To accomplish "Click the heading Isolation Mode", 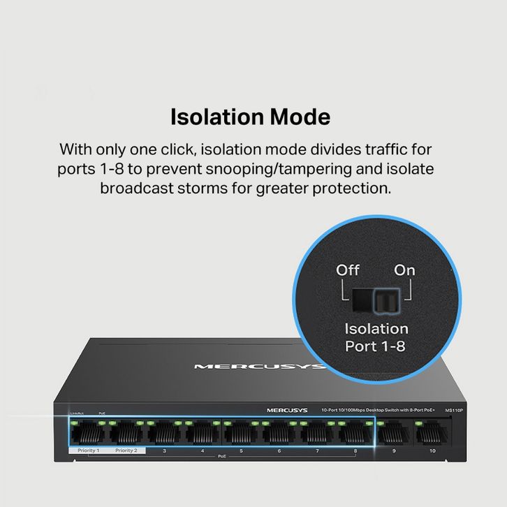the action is click(250, 117).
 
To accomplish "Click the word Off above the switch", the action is click(348, 270).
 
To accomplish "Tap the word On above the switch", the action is click(404, 270).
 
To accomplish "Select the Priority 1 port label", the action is click(88, 450).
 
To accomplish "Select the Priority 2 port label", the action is click(126, 450).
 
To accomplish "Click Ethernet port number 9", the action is click(394, 434).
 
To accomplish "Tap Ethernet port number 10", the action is click(432, 434).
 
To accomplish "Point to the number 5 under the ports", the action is click(241, 451).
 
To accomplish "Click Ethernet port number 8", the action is click(355, 434).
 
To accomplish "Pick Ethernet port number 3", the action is click(164, 434).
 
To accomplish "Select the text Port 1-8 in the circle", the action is click(376, 346).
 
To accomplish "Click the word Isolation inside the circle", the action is click(376, 328).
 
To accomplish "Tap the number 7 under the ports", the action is click(317, 451).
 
